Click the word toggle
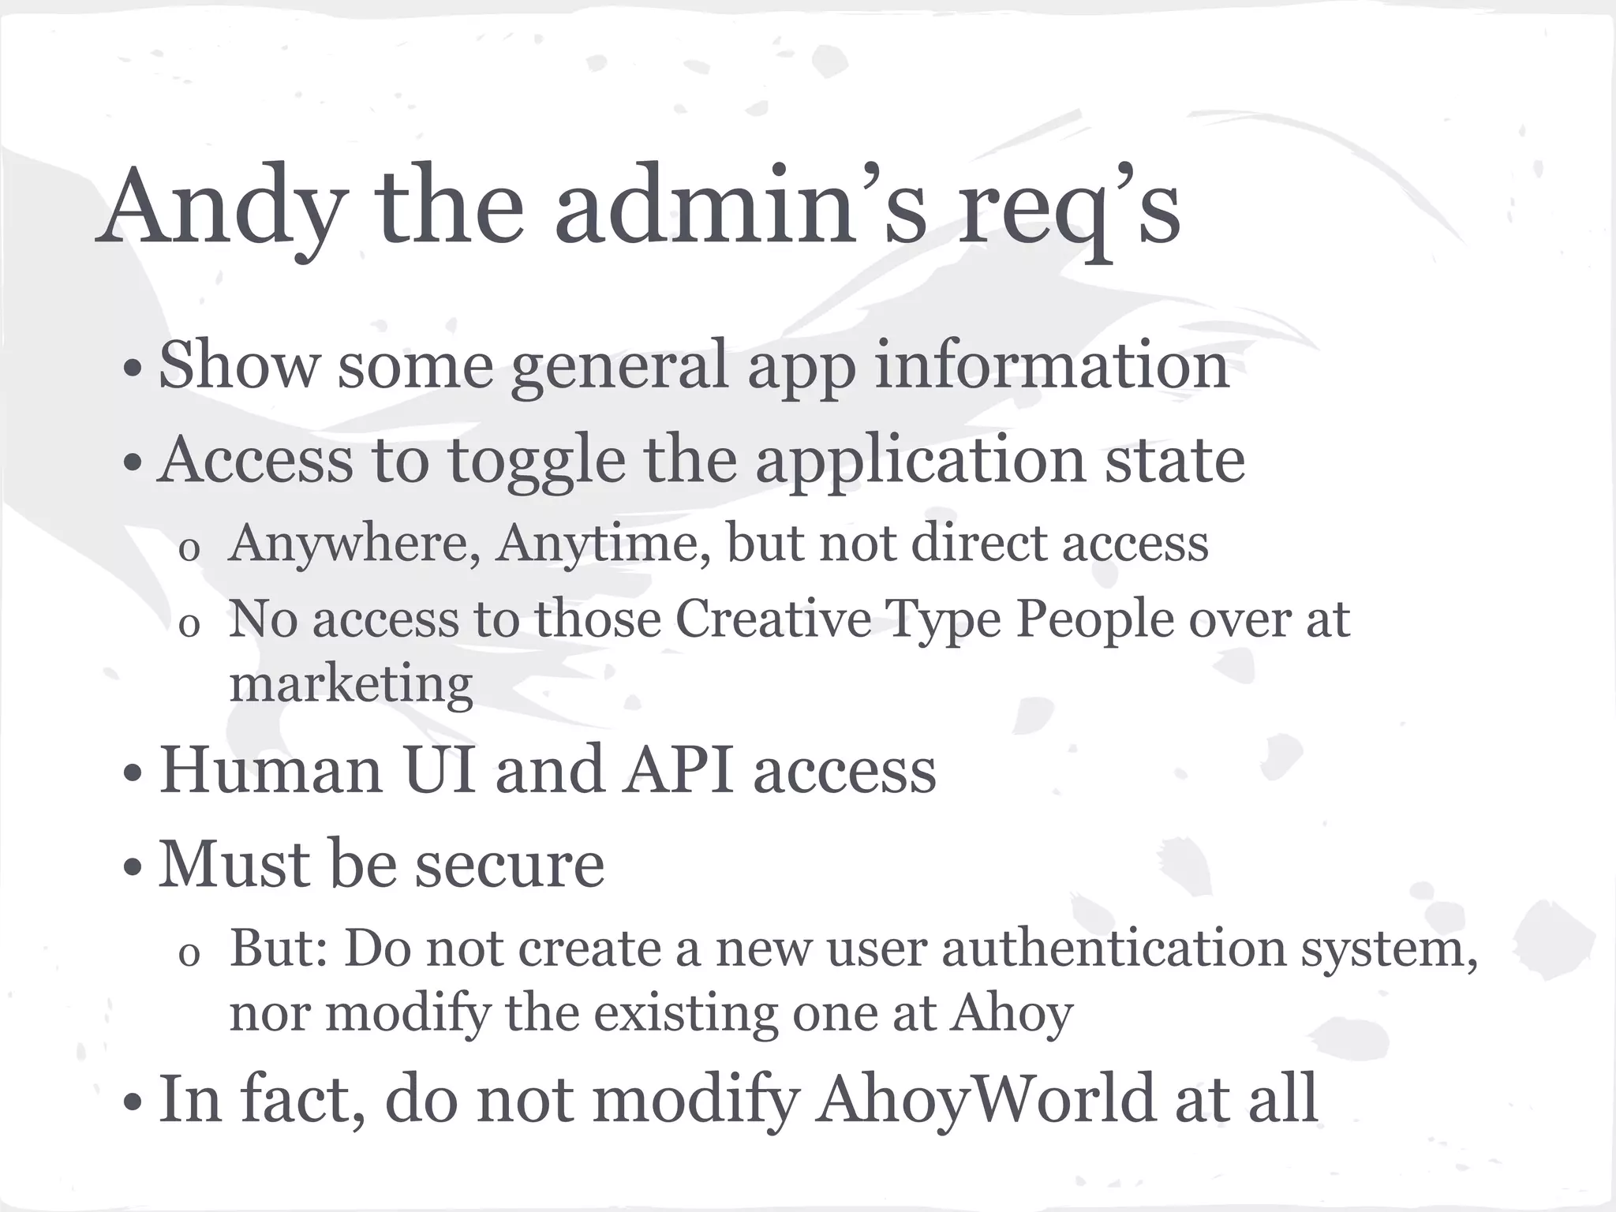[537, 461]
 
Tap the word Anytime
[603, 544]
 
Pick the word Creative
[774, 619]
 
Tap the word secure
[510, 865]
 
